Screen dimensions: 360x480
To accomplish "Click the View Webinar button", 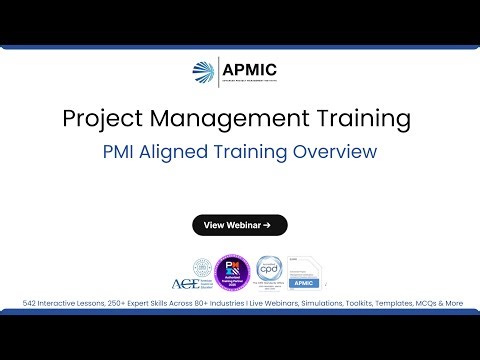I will tap(240, 225).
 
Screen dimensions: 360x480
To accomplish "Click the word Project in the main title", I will tap(99, 119).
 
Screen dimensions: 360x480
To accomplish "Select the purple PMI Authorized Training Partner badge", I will tap(231, 270).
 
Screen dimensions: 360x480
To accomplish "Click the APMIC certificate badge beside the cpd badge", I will tap(303, 271).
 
